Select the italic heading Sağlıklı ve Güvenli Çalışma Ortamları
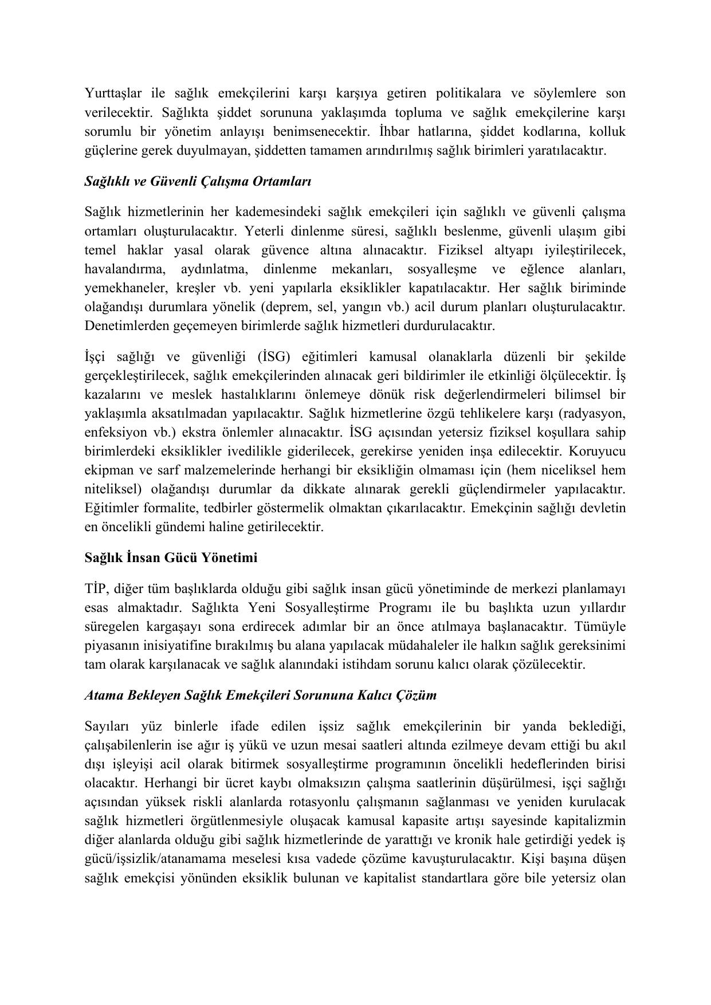click(198, 182)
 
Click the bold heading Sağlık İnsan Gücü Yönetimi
click(171, 558)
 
